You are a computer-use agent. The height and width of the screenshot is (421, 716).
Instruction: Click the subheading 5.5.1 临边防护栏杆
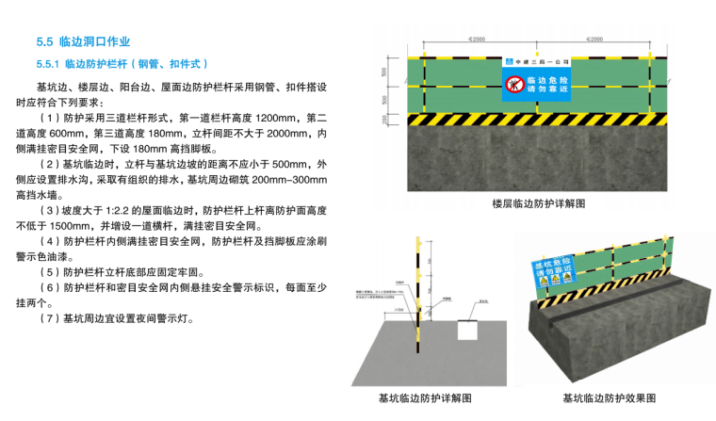[x=122, y=64]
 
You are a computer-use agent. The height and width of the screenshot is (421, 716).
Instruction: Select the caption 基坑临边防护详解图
[x=424, y=398]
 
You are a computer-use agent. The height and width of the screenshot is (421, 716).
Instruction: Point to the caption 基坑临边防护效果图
[x=609, y=398]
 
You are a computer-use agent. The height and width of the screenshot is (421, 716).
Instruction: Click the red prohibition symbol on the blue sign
[x=513, y=85]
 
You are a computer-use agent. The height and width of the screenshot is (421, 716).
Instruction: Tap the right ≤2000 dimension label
[x=594, y=40]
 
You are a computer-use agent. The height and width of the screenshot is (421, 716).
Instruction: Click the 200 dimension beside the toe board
[x=384, y=120]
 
